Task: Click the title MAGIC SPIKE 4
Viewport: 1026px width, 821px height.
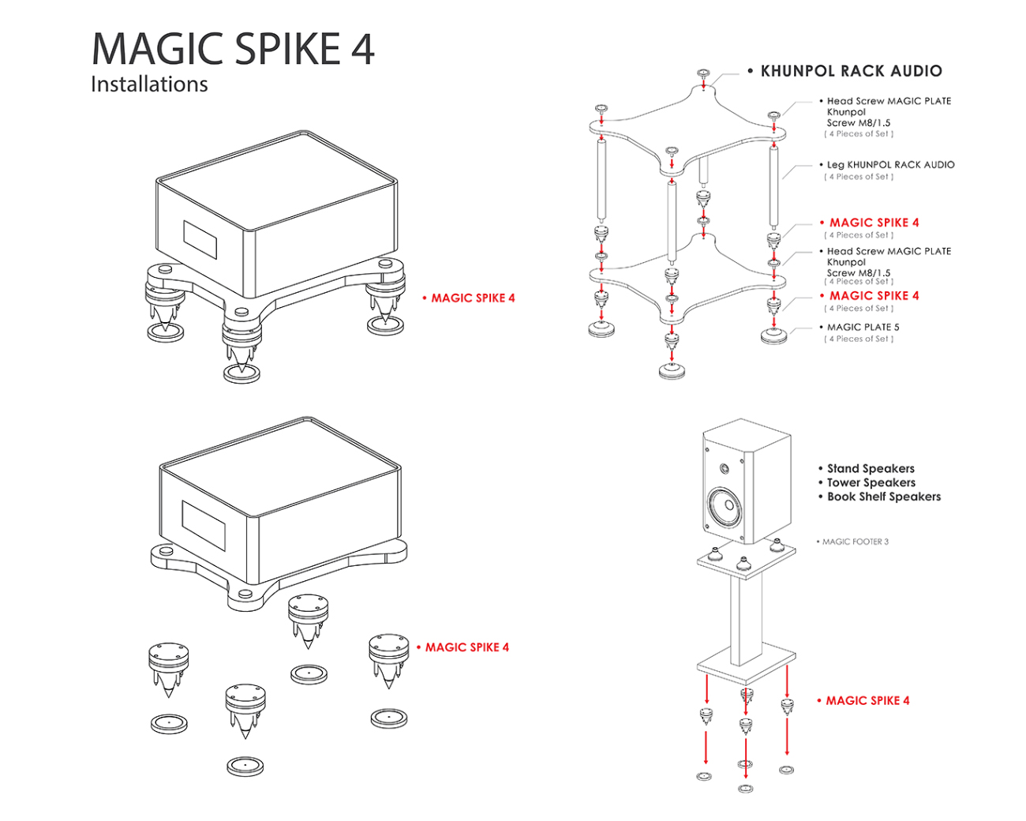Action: click(x=233, y=49)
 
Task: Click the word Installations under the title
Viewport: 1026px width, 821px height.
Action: click(x=149, y=84)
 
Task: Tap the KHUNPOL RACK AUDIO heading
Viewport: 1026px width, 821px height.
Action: click(x=851, y=71)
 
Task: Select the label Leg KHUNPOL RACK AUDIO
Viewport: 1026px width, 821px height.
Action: click(x=890, y=165)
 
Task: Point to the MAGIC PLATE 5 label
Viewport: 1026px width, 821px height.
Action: click(x=863, y=327)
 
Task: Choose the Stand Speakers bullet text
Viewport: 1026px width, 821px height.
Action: click(x=871, y=469)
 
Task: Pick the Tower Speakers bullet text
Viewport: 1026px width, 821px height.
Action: click(x=871, y=483)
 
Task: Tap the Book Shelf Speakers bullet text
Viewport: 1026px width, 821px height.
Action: click(x=884, y=497)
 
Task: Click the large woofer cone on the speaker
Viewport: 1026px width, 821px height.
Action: click(x=725, y=506)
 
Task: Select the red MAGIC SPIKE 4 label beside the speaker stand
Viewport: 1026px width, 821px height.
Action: click(x=867, y=701)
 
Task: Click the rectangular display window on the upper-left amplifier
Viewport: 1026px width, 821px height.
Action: click(x=200, y=239)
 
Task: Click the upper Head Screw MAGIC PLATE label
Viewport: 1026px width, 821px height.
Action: click(x=889, y=101)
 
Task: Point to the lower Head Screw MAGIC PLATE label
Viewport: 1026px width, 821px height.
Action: click(x=889, y=252)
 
